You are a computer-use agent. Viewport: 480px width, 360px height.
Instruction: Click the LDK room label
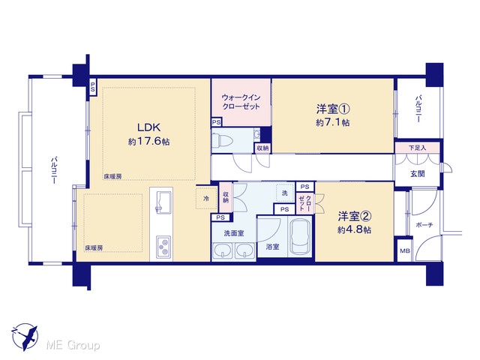click(x=148, y=127)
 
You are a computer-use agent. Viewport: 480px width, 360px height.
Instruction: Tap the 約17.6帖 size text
click(x=148, y=142)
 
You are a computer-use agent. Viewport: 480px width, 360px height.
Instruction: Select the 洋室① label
click(x=333, y=109)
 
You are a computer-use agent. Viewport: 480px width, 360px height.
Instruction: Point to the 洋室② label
click(x=355, y=217)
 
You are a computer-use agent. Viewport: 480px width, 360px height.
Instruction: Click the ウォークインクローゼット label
click(x=241, y=102)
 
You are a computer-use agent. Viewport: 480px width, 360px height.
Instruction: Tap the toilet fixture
click(x=223, y=140)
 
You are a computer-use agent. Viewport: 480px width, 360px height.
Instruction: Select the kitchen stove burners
click(x=163, y=247)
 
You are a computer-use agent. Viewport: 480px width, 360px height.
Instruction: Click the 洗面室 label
click(x=234, y=233)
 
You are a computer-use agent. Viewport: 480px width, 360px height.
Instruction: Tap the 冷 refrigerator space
click(x=206, y=198)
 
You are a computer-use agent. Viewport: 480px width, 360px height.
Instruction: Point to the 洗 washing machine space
click(x=285, y=193)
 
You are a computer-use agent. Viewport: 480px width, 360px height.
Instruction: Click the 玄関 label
click(x=417, y=174)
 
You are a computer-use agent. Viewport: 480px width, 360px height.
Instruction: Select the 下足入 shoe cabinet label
click(x=417, y=148)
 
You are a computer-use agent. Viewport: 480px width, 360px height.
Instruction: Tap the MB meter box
click(x=405, y=250)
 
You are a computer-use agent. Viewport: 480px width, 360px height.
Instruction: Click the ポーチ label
click(x=424, y=225)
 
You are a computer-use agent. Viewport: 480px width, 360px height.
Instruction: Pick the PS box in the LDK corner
click(x=92, y=88)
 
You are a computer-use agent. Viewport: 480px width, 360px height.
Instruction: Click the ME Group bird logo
click(x=25, y=337)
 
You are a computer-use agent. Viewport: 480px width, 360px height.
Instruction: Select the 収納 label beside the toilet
click(x=262, y=148)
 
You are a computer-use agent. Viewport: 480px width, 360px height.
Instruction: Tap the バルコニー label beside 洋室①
click(x=418, y=109)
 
